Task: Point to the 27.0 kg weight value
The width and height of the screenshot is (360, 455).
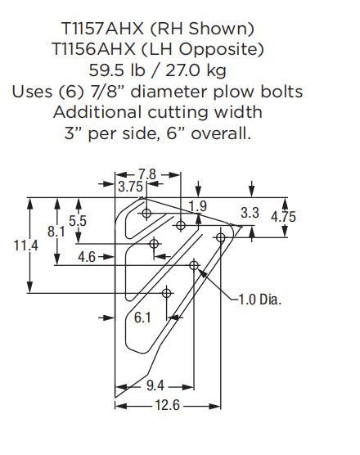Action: pyautogui.click(x=214, y=69)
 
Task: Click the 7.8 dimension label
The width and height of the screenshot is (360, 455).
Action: pyautogui.click(x=147, y=174)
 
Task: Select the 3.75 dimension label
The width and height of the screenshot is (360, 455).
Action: pyautogui.click(x=131, y=187)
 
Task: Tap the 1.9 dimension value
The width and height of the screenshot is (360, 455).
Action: pyautogui.click(x=197, y=205)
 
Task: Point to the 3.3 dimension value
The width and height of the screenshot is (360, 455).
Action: pyautogui.click(x=250, y=213)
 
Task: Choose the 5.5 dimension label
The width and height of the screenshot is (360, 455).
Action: pyautogui.click(x=78, y=221)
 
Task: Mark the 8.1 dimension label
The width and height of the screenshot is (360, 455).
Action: pyautogui.click(x=56, y=232)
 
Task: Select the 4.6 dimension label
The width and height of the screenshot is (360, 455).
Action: pyautogui.click(x=87, y=257)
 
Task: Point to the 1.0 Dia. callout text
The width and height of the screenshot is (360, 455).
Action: pyautogui.click(x=259, y=300)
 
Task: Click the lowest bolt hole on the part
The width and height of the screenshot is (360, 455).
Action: pyautogui.click(x=167, y=292)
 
